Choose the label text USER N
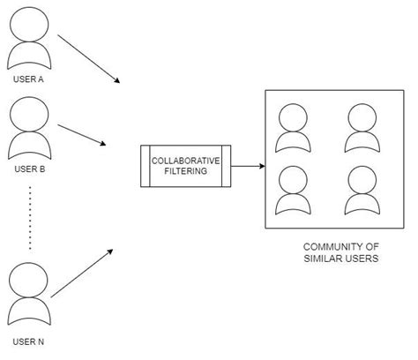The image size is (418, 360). [x=30, y=341]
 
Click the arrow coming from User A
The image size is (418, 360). [x=88, y=59]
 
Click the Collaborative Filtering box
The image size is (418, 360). [x=186, y=166]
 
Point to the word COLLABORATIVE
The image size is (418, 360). [x=186, y=161]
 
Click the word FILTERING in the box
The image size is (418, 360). [x=186, y=172]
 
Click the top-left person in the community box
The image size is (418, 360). [x=292, y=127]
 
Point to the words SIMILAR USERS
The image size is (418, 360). [x=340, y=259]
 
